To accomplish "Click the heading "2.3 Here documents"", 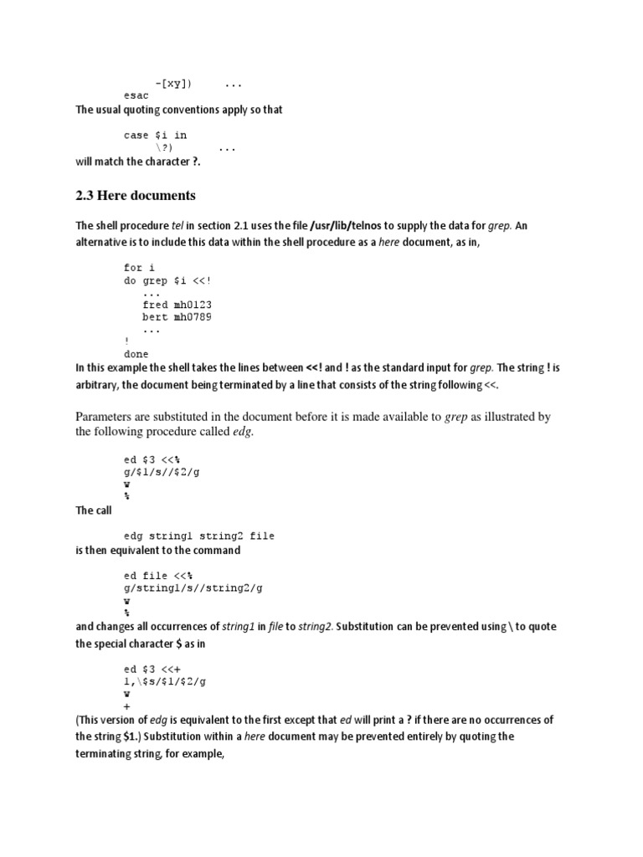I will (x=135, y=196).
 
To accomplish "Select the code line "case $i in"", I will (x=156, y=135).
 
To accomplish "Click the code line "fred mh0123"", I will (x=178, y=305).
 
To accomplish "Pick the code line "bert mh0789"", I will (x=178, y=318).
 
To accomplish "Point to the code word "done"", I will (x=136, y=354).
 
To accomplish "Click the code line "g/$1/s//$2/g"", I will (x=162, y=472).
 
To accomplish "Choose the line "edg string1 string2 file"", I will (x=199, y=536).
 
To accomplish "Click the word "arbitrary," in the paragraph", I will (x=101, y=384).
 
